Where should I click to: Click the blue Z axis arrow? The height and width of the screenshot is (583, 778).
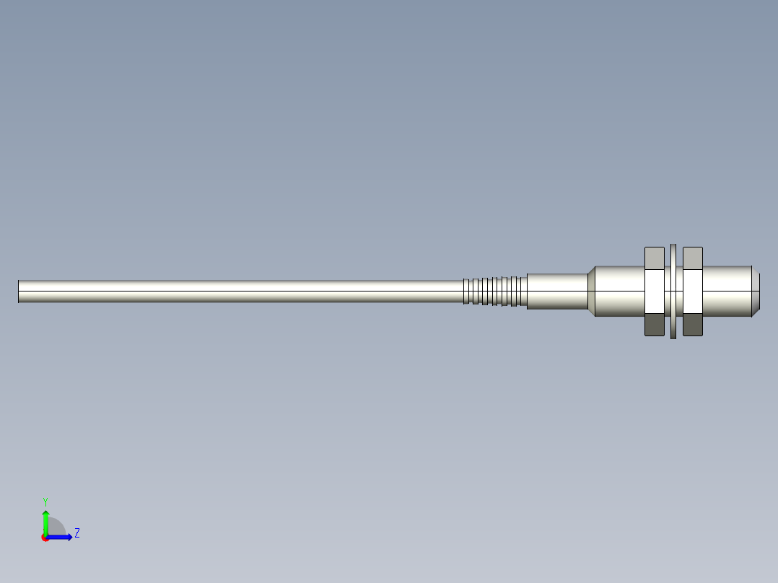(61, 537)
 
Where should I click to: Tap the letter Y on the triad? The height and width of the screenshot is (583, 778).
(45, 501)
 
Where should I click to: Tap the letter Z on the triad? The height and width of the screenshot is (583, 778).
(77, 533)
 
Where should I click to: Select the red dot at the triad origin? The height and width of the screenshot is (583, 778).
(45, 538)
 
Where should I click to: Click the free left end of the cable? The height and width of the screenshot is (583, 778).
(20, 291)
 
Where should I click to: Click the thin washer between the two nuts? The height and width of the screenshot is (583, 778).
(673, 291)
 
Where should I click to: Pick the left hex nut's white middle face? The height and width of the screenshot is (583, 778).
(654, 291)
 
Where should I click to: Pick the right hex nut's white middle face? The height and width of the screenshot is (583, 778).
(693, 291)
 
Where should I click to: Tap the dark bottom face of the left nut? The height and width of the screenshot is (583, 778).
(654, 325)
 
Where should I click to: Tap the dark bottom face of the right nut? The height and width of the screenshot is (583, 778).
(693, 325)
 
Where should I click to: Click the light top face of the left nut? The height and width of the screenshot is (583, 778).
(654, 257)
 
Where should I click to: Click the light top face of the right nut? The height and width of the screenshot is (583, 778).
(693, 257)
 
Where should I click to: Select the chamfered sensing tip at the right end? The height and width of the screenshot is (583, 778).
(756, 291)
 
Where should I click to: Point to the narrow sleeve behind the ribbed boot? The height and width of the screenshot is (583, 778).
(556, 291)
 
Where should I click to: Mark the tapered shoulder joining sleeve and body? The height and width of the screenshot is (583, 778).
(591, 291)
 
